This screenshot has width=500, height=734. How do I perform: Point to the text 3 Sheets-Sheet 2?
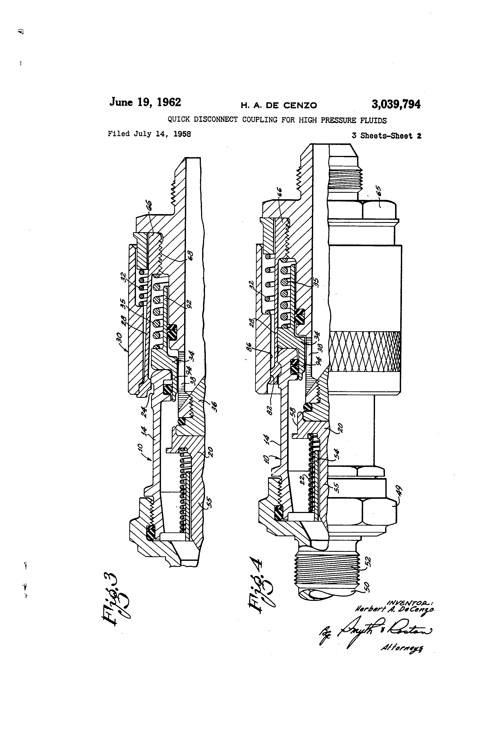point(386,136)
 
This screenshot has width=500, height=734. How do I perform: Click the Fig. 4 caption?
point(260,589)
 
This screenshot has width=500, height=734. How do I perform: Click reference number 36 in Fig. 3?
point(214,405)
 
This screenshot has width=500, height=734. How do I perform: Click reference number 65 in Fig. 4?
point(379,191)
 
